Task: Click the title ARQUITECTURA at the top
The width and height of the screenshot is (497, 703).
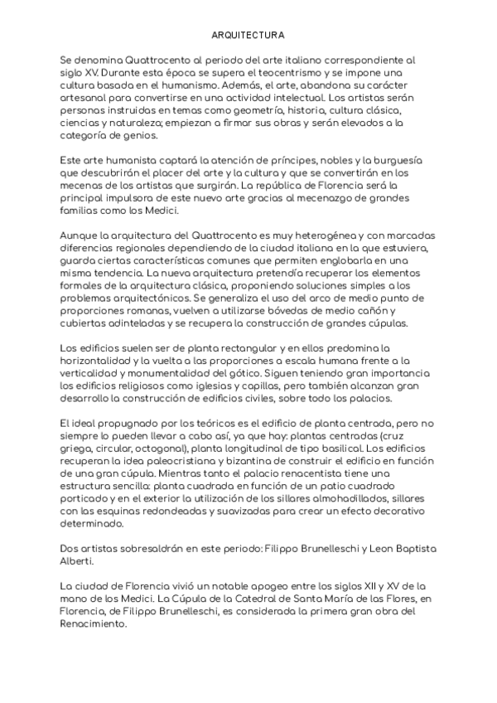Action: click(248, 36)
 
